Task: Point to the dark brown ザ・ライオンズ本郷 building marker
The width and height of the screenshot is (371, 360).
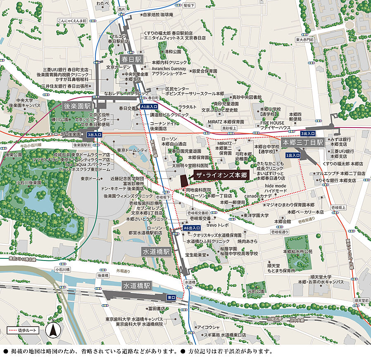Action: (184, 180)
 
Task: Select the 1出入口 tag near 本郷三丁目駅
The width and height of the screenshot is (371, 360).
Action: (293, 155)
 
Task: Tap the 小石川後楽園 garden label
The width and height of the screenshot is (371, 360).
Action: (29, 182)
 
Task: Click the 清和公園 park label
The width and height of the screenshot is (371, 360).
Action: (173, 52)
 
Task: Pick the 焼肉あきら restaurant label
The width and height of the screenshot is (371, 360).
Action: (247, 241)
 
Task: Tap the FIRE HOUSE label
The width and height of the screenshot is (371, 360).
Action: (272, 123)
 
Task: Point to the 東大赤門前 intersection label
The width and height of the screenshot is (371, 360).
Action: (304, 40)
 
